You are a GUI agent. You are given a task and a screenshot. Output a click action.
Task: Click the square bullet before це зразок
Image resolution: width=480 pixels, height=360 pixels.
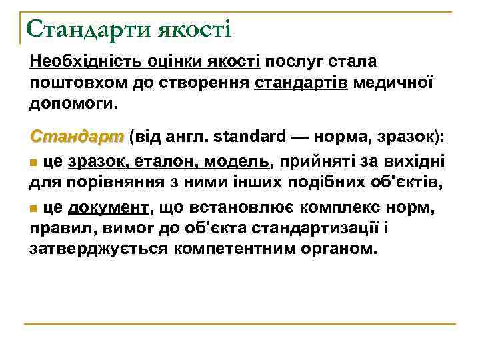(x=33, y=162)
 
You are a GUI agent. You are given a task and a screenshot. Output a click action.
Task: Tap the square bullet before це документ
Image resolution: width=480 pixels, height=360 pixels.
(x=33, y=209)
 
